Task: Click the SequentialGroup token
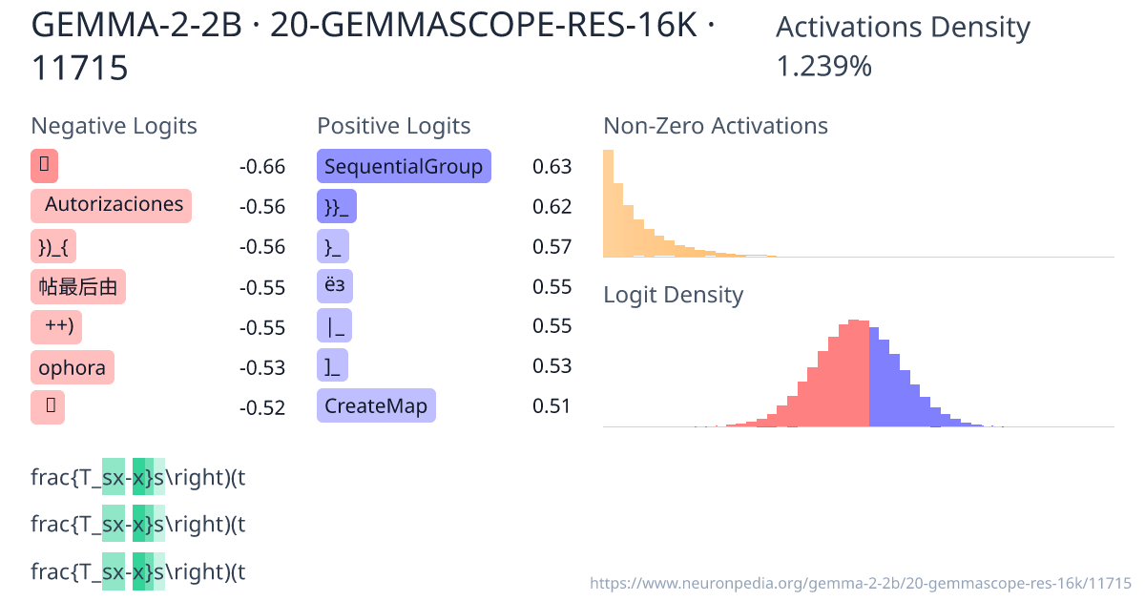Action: point(403,167)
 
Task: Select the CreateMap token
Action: point(375,406)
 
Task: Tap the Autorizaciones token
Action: point(112,205)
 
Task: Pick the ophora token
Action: point(72,367)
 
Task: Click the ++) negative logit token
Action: point(57,326)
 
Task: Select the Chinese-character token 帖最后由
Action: point(77,286)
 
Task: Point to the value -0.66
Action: point(262,167)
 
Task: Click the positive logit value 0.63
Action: point(552,167)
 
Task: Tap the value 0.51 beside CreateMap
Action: point(552,406)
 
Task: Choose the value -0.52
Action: point(262,407)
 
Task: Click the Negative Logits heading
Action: point(114,126)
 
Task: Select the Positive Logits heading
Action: point(393,126)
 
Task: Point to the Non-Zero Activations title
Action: point(716,126)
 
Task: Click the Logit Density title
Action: point(673,295)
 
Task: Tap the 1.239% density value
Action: point(823,67)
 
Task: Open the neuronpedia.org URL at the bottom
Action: point(860,583)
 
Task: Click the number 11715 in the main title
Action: point(79,68)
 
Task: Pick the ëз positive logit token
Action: point(332,286)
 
